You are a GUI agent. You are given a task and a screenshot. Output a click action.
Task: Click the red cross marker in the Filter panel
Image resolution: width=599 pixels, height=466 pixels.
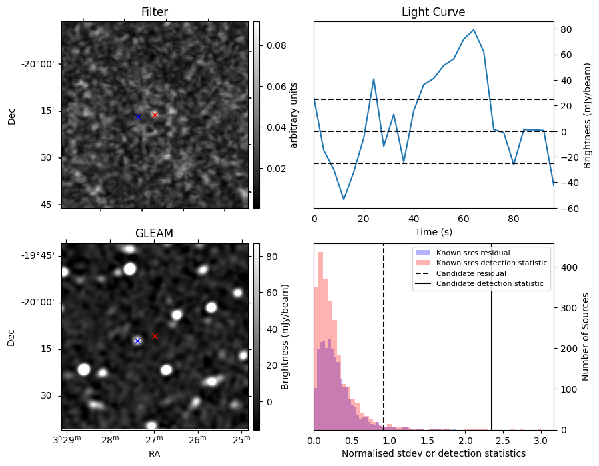[x=155, y=115]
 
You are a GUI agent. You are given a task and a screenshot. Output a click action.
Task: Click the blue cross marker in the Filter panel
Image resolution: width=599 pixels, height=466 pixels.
[x=138, y=117]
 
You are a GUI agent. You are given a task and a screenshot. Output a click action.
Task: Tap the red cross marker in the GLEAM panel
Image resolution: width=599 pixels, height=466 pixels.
[x=155, y=337]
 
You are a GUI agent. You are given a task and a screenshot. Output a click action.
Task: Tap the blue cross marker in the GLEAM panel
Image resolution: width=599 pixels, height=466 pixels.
[x=137, y=341]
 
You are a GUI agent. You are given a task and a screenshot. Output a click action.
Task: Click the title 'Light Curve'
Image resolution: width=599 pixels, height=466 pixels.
[x=433, y=12]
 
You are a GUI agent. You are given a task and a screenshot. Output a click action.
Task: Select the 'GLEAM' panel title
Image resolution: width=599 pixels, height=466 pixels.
[x=154, y=233]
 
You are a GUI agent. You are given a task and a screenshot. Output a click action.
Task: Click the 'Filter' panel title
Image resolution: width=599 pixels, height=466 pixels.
[x=154, y=12]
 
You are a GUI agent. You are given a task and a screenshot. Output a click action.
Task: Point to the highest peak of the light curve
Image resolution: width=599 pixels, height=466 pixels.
[x=474, y=30]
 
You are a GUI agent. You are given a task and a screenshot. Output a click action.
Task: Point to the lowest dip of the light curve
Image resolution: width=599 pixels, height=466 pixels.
[x=344, y=199]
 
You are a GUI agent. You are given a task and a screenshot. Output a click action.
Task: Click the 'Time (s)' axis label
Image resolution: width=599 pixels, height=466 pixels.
[x=433, y=231]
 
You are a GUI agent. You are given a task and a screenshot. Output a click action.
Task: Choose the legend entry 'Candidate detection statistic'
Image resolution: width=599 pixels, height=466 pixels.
[x=489, y=284]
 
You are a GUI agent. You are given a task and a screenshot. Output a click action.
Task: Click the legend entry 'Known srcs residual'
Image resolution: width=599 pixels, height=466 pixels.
[x=472, y=253]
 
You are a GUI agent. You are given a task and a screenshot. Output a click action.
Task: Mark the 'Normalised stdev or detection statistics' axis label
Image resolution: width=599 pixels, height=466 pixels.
[x=433, y=453]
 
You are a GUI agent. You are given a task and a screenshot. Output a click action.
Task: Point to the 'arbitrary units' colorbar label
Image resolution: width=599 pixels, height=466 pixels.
[x=294, y=115]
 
